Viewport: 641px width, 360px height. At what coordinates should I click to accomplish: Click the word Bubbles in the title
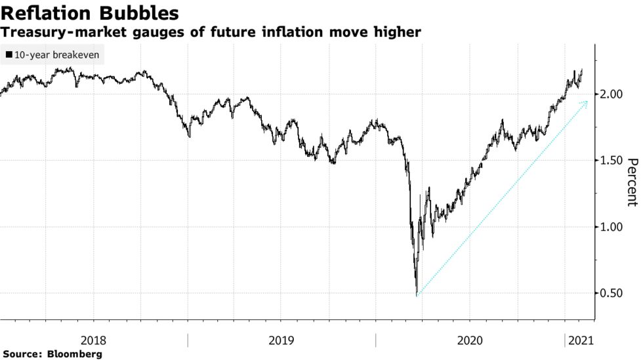[x=139, y=13]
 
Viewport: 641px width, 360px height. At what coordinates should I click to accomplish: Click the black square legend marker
[x=7, y=55]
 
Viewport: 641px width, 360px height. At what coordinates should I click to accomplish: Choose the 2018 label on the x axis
[x=93, y=340]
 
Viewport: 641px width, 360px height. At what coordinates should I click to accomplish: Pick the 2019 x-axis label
[x=281, y=340]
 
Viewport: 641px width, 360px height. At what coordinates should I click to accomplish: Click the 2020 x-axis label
[x=469, y=340]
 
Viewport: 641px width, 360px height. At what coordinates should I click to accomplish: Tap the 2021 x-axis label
[x=580, y=340]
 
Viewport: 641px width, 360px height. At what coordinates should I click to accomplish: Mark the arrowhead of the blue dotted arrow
[x=586, y=102]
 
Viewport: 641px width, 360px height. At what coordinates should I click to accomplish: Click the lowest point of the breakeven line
[x=417, y=294]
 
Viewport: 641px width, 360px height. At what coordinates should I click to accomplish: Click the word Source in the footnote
[x=21, y=354]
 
